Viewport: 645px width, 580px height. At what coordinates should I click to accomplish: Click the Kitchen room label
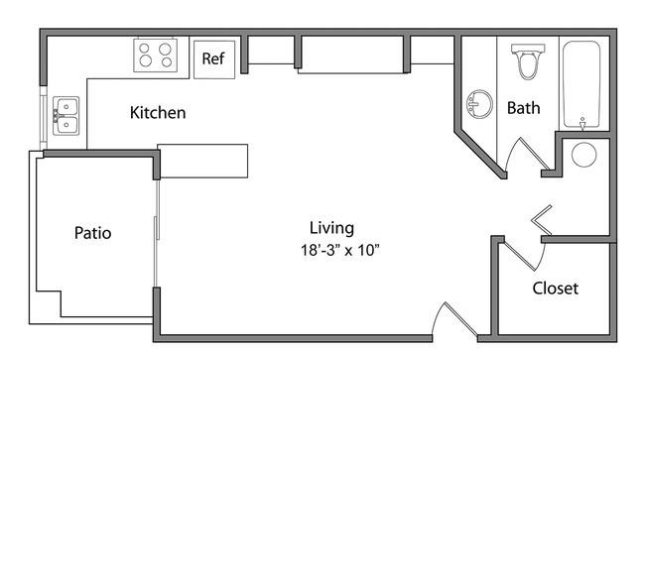158,113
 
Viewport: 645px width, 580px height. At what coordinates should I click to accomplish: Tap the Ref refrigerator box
214,59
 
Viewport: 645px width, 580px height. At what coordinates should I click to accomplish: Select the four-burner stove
156,56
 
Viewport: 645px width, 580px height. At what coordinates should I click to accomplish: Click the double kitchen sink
65,116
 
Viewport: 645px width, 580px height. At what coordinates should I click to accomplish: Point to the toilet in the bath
528,61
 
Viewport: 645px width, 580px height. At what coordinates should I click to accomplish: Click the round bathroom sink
479,104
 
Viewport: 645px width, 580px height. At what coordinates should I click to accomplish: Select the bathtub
581,84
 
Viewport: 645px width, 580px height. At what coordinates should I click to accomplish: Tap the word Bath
523,108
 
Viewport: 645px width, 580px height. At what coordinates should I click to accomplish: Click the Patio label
92,233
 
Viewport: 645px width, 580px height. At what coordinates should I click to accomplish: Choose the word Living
331,229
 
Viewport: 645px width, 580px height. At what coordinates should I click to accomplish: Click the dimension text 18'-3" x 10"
339,250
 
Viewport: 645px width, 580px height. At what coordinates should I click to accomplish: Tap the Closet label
556,289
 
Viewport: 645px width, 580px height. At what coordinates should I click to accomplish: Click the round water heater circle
584,155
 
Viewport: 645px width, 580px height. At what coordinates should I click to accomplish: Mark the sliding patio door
157,233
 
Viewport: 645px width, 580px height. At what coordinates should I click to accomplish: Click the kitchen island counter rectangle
202,161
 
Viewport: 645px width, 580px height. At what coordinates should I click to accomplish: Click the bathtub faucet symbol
582,124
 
